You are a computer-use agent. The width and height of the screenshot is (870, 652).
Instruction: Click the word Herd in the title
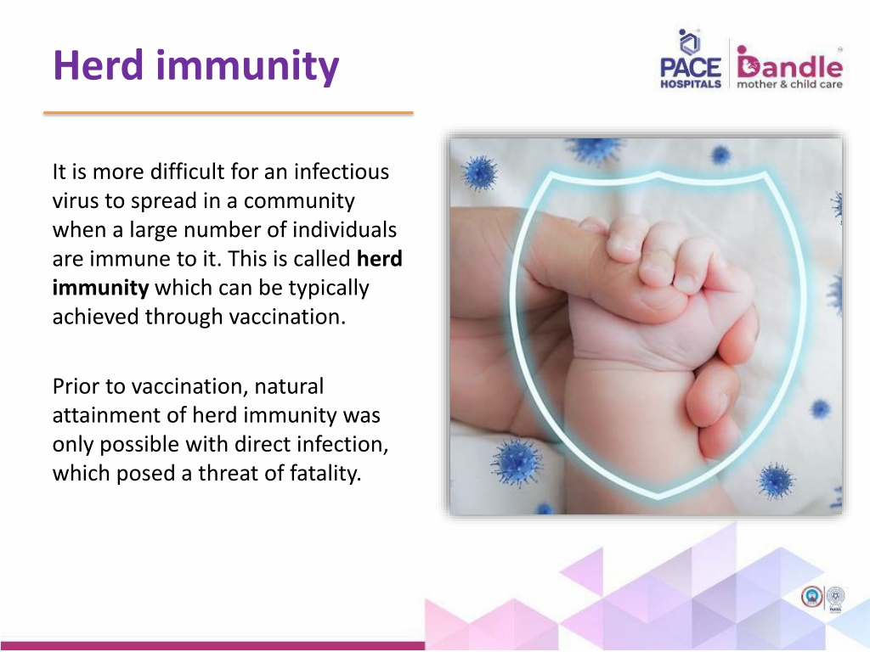(99, 65)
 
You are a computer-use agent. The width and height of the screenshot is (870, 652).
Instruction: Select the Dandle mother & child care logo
(789, 67)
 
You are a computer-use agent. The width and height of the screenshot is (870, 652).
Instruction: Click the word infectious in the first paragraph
(342, 171)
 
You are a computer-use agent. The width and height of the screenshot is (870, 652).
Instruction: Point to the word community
(299, 201)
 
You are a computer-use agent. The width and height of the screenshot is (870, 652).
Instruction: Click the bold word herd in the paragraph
(380, 258)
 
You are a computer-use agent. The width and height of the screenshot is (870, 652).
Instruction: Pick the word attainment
(119, 415)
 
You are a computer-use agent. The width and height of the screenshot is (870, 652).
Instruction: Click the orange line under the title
(229, 113)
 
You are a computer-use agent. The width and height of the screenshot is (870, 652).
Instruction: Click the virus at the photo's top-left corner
(479, 172)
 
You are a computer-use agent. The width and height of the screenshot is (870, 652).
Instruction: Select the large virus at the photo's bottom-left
(516, 462)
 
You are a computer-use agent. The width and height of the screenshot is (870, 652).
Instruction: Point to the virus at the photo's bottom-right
(776, 481)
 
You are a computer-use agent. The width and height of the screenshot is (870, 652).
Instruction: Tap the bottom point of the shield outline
(658, 495)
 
